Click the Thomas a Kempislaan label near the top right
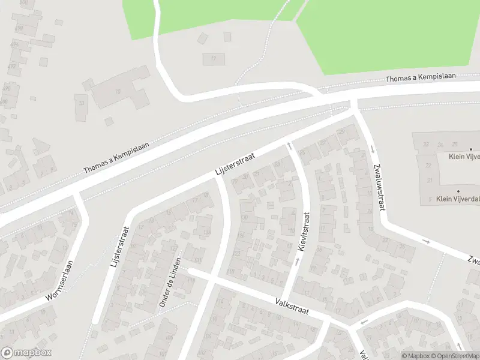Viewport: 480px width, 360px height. pyautogui.click(x=421, y=78)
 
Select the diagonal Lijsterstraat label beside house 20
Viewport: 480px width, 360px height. pyautogui.click(x=235, y=164)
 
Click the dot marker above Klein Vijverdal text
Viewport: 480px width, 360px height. pyautogui.click(x=458, y=191)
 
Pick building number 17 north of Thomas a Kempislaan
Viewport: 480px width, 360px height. pyautogui.click(x=213, y=59)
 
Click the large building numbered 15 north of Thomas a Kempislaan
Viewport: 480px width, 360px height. pyautogui.click(x=118, y=91)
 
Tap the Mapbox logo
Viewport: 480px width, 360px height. pyautogui.click(x=26, y=353)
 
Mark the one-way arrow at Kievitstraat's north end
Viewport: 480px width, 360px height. pyautogui.click(x=289, y=146)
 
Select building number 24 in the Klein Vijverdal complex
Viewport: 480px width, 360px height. pyautogui.click(x=440, y=145)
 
